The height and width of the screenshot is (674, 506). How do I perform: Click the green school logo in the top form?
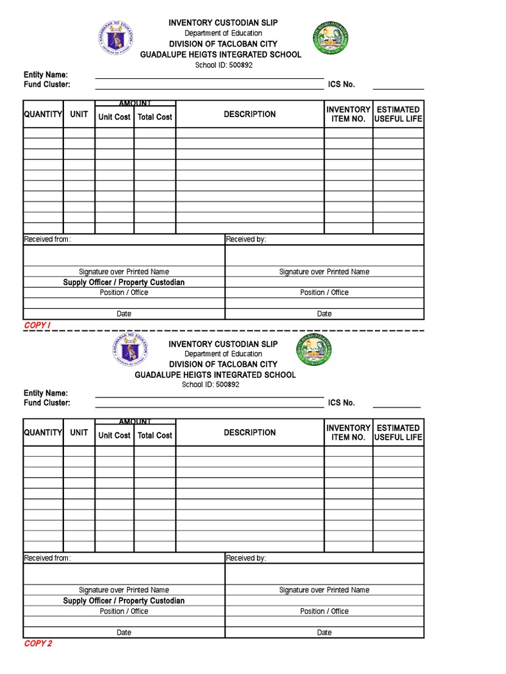tap(329, 38)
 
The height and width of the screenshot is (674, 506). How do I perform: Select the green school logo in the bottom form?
tap(314, 351)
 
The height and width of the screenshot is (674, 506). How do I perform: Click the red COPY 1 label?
tap(38, 325)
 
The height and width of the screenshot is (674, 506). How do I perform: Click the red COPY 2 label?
tap(38, 643)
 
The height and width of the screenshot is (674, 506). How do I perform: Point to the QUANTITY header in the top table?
tap(43, 115)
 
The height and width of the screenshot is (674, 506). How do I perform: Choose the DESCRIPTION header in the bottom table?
tap(250, 432)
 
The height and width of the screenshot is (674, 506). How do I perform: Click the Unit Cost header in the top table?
tap(115, 117)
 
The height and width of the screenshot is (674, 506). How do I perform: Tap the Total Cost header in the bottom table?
tap(155, 436)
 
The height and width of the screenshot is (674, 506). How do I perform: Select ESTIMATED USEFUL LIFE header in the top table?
tap(398, 115)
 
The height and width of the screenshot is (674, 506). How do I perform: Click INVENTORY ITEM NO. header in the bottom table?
tap(348, 432)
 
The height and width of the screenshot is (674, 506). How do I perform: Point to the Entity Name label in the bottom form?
tap(46, 393)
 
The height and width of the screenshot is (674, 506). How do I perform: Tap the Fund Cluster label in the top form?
tap(47, 84)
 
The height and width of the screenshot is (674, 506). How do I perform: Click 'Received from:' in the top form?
tap(47, 240)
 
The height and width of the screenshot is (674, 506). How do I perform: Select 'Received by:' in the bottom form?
tap(246, 558)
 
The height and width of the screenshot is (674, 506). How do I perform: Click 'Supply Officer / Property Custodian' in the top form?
tap(124, 282)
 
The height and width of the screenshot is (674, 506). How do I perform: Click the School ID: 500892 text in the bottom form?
tap(211, 385)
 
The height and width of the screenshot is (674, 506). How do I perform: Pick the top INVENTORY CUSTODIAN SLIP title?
tap(223, 23)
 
